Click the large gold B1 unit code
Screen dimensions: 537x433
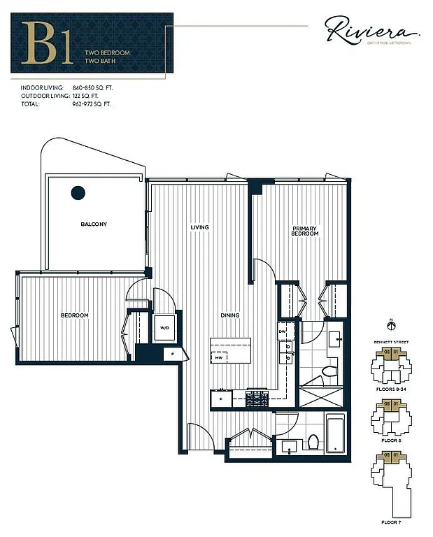point(47,43)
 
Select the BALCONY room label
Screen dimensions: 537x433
point(93,224)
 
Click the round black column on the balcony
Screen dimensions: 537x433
point(78,192)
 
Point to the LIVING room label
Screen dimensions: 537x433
point(200,227)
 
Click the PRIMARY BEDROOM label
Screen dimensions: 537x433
point(305,231)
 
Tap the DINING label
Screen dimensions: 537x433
point(229,315)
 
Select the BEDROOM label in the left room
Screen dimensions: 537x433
point(74,315)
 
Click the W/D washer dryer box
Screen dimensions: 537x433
point(164,327)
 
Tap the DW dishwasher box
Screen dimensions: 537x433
point(282,331)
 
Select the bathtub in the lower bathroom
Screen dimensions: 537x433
point(336,434)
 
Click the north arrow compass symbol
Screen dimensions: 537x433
point(390,324)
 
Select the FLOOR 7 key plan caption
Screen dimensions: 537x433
point(390,522)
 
